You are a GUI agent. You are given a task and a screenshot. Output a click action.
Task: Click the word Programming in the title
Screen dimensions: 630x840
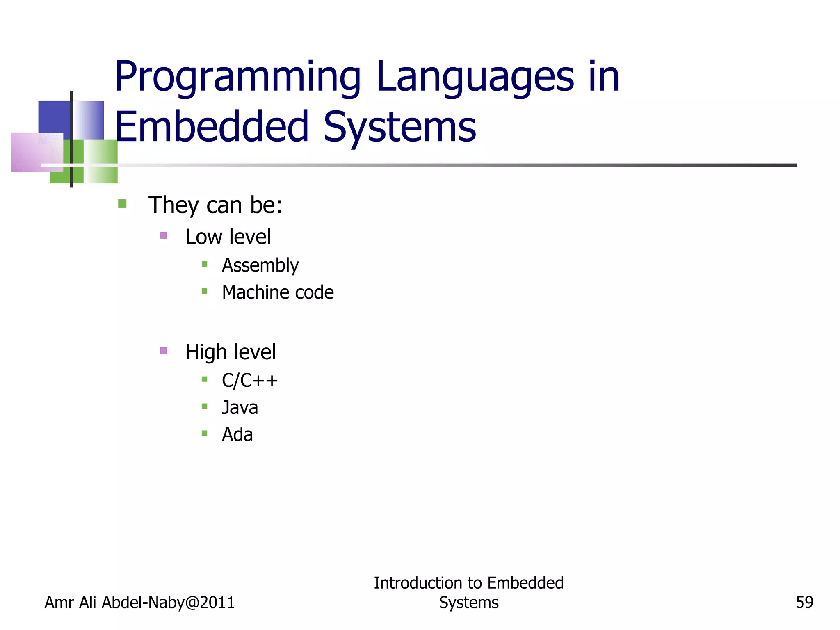(238, 78)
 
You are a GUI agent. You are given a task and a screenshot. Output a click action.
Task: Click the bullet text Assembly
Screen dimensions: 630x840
(260, 265)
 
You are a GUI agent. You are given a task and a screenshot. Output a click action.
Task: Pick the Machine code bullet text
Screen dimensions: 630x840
(278, 292)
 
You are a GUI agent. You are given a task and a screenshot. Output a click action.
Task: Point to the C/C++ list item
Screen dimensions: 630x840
(249, 381)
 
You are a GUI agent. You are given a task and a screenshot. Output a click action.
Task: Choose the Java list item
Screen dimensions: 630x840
(240, 408)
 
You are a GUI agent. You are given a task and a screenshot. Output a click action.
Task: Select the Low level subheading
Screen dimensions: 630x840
(228, 237)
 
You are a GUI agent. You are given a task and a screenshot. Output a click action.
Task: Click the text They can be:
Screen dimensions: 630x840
(215, 205)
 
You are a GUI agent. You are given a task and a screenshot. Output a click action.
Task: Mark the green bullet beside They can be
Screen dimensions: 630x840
(122, 203)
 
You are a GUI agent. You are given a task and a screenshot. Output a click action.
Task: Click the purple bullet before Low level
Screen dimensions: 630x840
(163, 235)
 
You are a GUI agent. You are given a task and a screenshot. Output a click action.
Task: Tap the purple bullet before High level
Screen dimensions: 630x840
(163, 351)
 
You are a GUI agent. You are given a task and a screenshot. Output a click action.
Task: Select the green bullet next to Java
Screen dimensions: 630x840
(204, 406)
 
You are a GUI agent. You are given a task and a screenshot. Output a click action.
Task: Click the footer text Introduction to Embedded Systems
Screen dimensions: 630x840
(468, 593)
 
